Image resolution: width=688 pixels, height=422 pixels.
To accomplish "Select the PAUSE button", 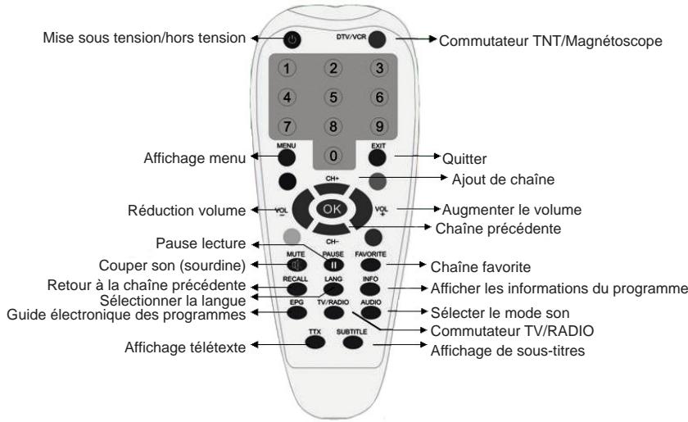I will coord(333,265).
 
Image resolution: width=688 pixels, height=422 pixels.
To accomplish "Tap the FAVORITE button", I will coord(373,265).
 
